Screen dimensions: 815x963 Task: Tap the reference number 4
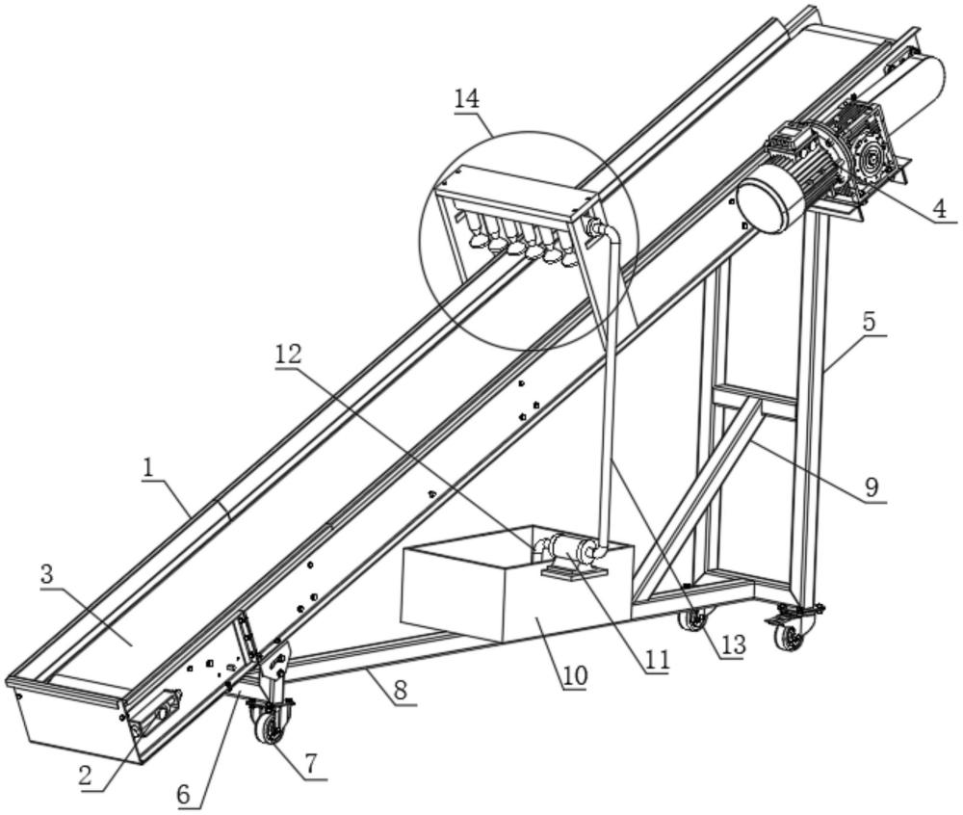938,206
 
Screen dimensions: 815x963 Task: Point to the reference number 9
871,486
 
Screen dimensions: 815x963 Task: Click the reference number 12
287,355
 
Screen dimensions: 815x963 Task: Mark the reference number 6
189,797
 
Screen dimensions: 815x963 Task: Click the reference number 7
310,764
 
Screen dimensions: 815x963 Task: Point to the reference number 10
575,674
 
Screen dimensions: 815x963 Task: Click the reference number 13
733,644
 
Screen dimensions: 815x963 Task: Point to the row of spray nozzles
520,243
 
